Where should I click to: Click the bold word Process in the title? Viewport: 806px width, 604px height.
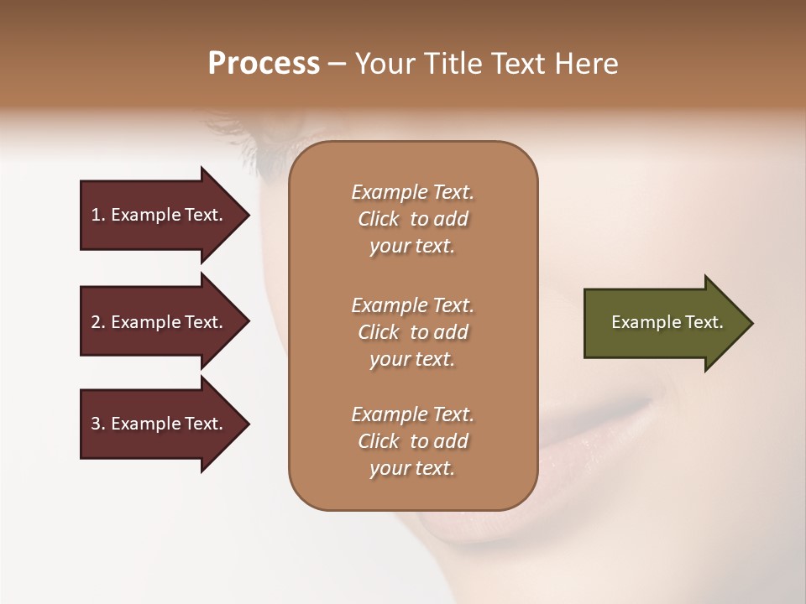pyautogui.click(x=264, y=64)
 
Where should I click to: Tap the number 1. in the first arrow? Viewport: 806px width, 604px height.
pyautogui.click(x=98, y=215)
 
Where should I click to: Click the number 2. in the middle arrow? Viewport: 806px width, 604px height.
pyautogui.click(x=98, y=322)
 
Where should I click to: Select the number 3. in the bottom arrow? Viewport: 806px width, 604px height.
pyautogui.click(x=98, y=424)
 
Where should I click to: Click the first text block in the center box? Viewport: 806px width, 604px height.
pyautogui.click(x=412, y=219)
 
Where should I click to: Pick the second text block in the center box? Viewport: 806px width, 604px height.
pyautogui.click(x=412, y=332)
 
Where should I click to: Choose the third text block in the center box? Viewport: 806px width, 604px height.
pyautogui.click(x=412, y=441)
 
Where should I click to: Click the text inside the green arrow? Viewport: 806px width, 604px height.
pyautogui.click(x=667, y=322)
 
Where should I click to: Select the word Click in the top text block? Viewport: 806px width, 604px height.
pyautogui.click(x=379, y=219)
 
